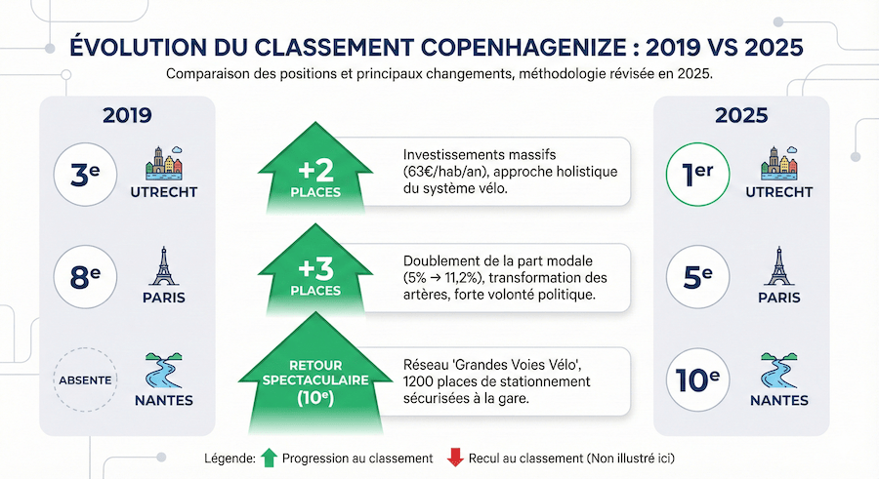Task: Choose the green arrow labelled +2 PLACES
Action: [x=314, y=170]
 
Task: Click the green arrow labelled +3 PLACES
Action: [x=314, y=273]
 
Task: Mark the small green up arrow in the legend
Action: [x=271, y=458]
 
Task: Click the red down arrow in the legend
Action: [x=453, y=458]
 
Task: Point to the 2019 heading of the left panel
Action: [x=127, y=116]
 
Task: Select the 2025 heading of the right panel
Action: [x=740, y=116]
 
